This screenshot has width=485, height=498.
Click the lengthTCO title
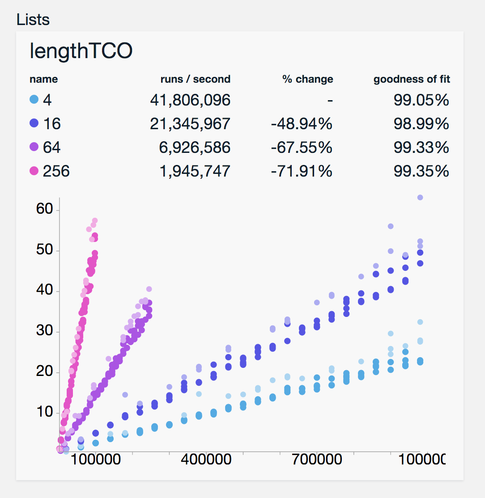coord(81,51)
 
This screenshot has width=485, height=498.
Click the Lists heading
coord(33,20)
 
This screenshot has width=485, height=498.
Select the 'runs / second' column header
coord(196,80)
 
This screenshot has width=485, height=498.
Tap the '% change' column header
coord(308,80)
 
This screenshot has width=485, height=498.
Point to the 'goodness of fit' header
coord(412,80)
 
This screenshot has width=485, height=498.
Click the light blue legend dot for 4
coord(34,100)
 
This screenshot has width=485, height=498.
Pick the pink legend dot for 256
coord(34,171)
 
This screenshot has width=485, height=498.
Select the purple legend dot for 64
coord(34,147)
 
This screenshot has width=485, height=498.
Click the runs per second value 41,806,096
coord(190,100)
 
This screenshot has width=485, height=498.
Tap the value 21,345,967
coord(190,123)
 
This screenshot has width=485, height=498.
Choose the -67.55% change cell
coord(302,147)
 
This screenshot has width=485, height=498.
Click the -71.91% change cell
coord(302,171)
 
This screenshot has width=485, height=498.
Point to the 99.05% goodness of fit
coord(421,100)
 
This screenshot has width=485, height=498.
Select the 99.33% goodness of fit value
coord(421,147)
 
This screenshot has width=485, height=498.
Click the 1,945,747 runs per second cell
coord(195,171)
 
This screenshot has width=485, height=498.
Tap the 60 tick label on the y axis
coord(45,209)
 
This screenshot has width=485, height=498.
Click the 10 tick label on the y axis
coord(45,412)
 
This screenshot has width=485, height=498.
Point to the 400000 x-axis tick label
coord(206,460)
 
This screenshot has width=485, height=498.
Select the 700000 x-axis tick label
coord(316,460)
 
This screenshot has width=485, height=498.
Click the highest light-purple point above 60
coord(420,197)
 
